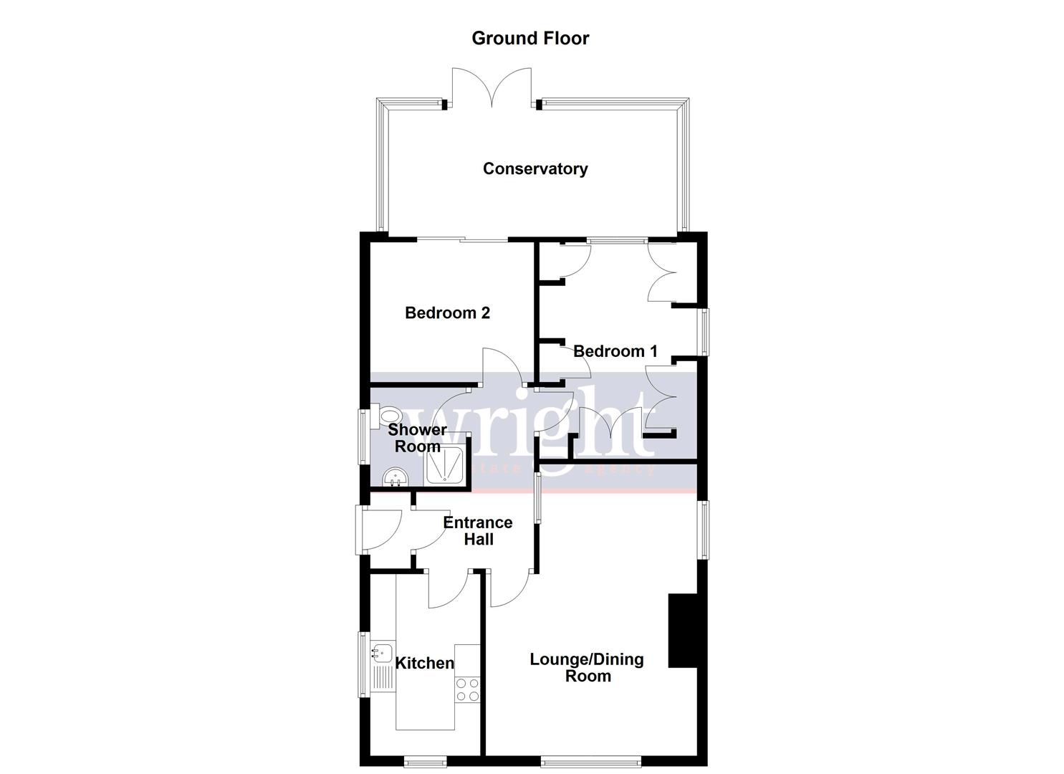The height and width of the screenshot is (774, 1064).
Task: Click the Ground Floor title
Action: [x=530, y=38]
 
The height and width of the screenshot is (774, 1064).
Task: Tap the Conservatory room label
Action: [x=535, y=168]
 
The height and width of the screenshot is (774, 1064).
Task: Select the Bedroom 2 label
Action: [x=447, y=312]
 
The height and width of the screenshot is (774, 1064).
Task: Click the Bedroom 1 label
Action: [x=615, y=351]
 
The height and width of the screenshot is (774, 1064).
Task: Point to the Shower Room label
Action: [x=417, y=438]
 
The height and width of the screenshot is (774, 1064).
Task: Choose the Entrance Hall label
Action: [x=477, y=530]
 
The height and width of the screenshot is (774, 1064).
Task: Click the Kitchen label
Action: [x=425, y=663]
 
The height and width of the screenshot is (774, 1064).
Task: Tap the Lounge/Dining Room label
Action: [x=586, y=667]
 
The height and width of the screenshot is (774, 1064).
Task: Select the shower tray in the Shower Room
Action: [x=444, y=464]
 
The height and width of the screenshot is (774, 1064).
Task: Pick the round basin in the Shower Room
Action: [x=394, y=477]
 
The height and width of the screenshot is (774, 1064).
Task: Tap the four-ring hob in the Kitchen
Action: [x=467, y=689]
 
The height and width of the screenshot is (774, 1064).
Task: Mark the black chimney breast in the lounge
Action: [x=683, y=631]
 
